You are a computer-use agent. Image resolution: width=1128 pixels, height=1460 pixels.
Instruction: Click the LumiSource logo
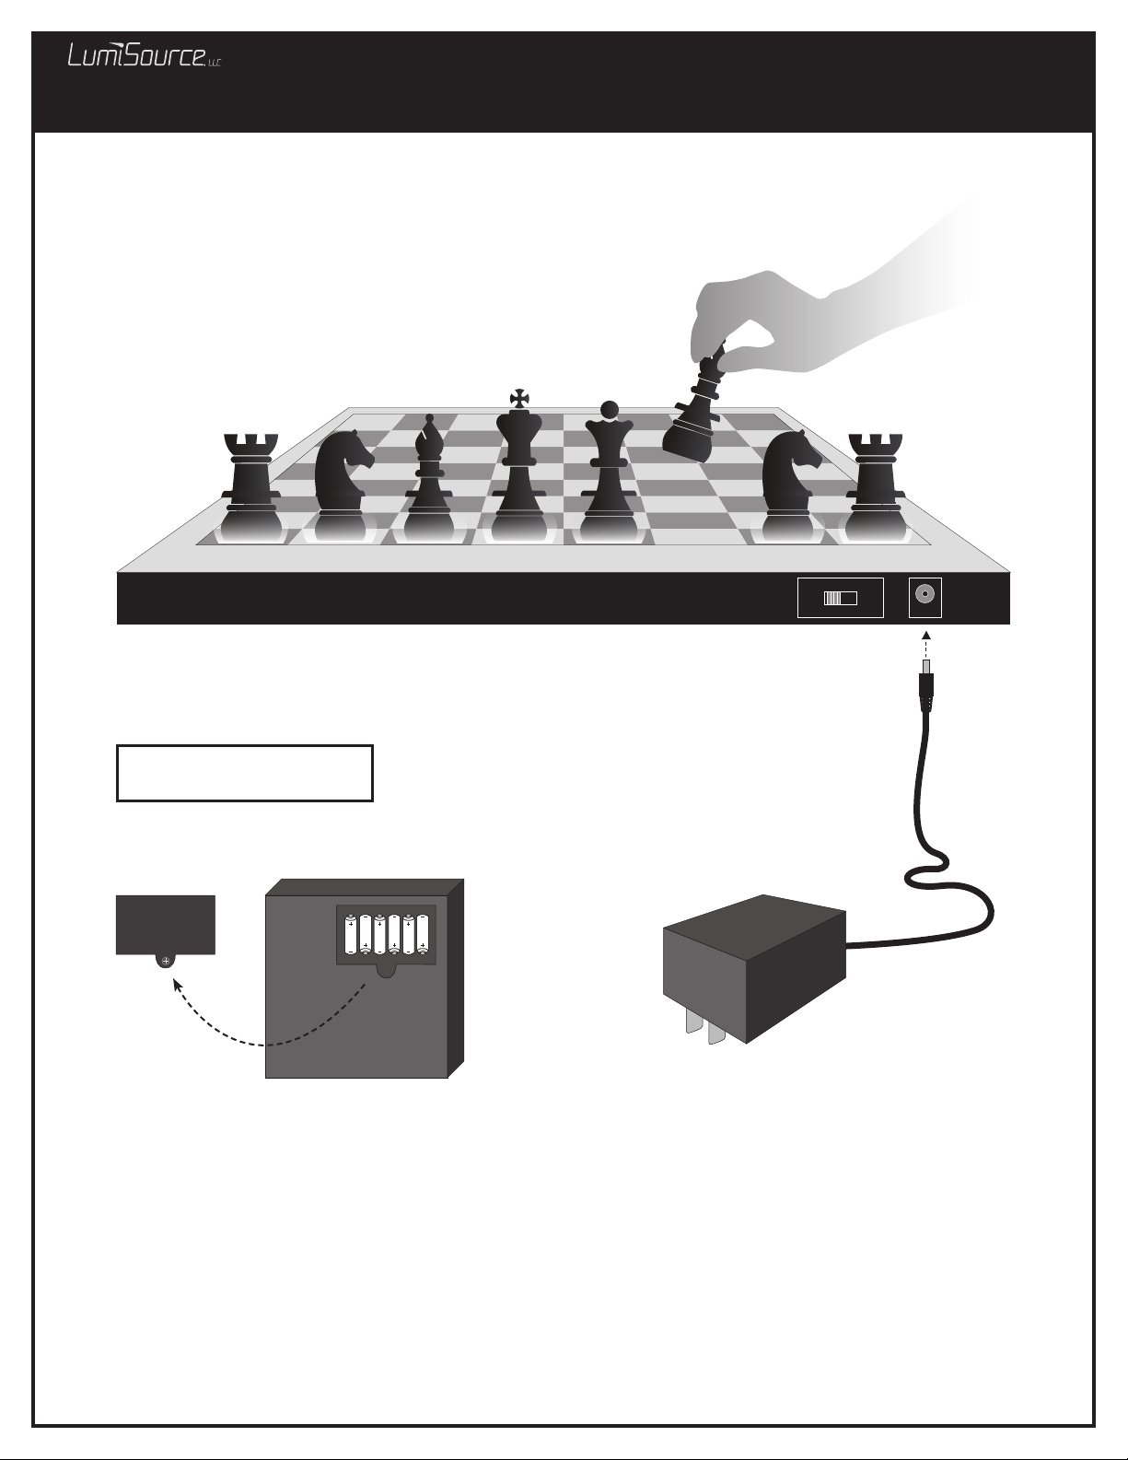coord(144,55)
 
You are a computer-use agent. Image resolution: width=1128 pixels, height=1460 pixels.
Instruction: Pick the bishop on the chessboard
coord(428,478)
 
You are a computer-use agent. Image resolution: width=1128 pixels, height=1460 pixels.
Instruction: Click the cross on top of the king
coord(518,399)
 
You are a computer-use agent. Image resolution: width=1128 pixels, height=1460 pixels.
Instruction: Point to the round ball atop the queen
coord(609,409)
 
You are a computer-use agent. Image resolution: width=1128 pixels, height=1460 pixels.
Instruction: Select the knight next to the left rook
coord(342,485)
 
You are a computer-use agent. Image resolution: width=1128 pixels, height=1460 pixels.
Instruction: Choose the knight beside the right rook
coord(790,485)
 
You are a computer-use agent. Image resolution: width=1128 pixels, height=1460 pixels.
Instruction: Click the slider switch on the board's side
coord(840,598)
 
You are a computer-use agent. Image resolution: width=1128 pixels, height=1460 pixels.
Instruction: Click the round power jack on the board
coord(925,595)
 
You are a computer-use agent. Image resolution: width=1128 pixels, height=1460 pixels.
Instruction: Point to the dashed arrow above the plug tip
coord(926,645)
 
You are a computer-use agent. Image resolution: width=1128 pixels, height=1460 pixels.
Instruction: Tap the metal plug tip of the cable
coord(926,669)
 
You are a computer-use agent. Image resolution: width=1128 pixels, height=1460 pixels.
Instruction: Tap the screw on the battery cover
coord(166,962)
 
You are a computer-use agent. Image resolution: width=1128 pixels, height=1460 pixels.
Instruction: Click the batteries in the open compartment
coord(386,934)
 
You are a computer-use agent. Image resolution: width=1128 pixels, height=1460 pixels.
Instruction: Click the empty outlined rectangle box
coord(244,773)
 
